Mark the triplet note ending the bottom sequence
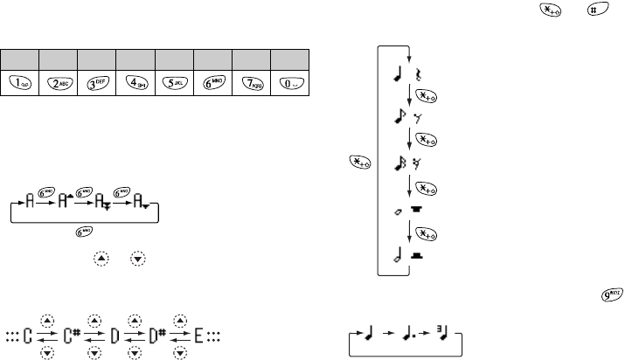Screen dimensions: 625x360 [x=447, y=336]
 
